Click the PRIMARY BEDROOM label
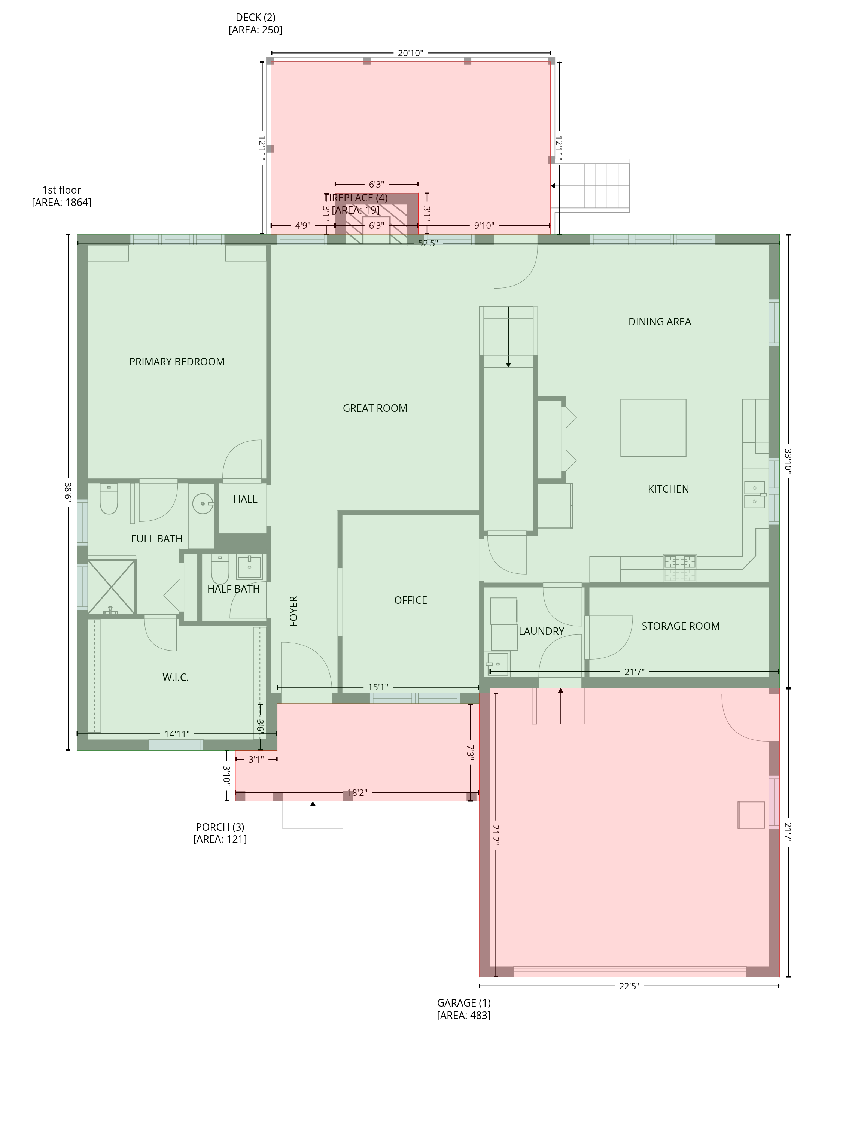[x=177, y=362]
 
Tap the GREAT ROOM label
[x=375, y=408]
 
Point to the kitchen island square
[x=653, y=427]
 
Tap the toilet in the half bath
[x=220, y=569]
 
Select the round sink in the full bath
[x=203, y=503]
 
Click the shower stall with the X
[x=112, y=587]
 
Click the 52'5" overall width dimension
[x=427, y=243]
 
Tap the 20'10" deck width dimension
[x=410, y=53]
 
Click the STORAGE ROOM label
[x=681, y=626]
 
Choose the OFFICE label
[x=410, y=600]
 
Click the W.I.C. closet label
[x=176, y=677]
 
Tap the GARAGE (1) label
[x=464, y=1003]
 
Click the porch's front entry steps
[x=313, y=815]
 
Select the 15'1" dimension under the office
[x=378, y=687]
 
